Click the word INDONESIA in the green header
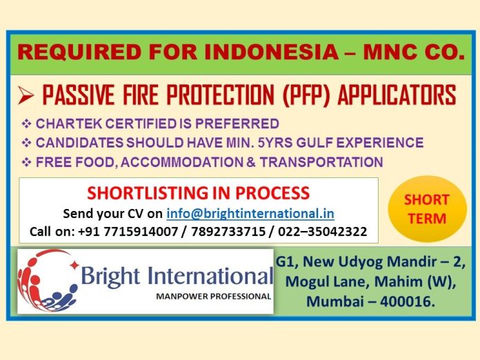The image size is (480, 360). (x=271, y=52)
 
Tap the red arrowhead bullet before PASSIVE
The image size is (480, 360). (x=26, y=95)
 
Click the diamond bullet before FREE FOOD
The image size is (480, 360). (x=27, y=162)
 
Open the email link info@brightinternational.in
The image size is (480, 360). (x=250, y=214)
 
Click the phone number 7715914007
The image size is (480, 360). (x=141, y=232)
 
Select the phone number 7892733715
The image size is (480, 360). (x=228, y=232)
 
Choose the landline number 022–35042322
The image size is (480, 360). (x=322, y=232)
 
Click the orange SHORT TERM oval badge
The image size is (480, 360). (x=428, y=209)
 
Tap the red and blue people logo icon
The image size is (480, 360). (x=48, y=281)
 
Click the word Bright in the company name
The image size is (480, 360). (x=110, y=277)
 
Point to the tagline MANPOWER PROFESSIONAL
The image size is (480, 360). (x=213, y=297)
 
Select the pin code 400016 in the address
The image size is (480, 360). (x=407, y=301)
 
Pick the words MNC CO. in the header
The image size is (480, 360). (x=414, y=52)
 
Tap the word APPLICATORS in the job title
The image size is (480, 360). (x=397, y=95)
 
